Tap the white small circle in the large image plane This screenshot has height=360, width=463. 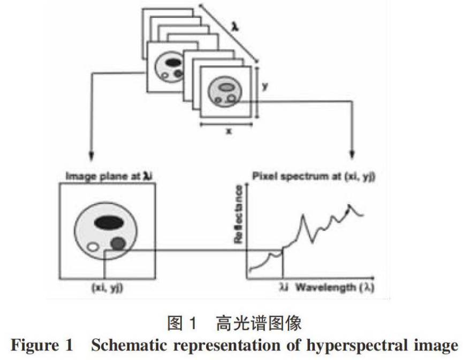coord(93,247)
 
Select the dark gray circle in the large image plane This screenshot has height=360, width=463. coord(118,245)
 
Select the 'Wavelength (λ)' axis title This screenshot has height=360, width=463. coord(332,288)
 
